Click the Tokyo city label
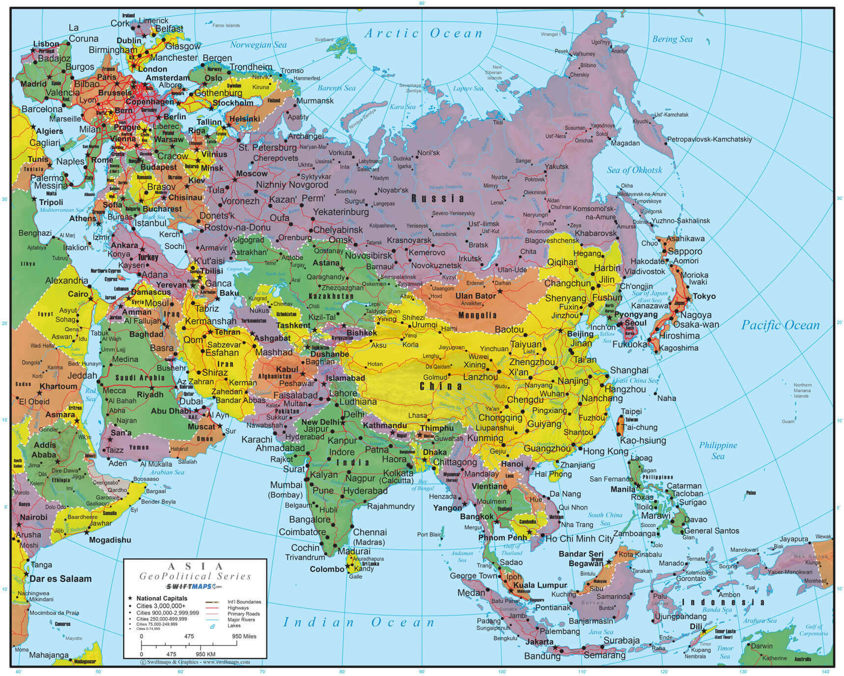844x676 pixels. point(704,296)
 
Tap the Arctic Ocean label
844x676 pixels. point(423,33)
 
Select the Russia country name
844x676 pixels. point(437,198)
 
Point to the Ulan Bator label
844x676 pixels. point(475,296)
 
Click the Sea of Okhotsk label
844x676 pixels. point(634,170)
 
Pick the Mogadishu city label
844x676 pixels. point(110,540)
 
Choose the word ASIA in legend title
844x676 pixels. point(196,567)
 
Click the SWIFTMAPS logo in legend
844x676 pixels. point(194,587)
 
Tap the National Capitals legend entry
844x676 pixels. point(162,598)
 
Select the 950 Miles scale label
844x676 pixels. point(244,636)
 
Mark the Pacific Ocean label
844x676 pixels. point(780,325)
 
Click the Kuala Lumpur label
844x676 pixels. point(540,585)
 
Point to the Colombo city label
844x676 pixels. point(327,569)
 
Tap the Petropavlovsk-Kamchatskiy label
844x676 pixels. point(709,140)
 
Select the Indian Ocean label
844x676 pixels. point(359,622)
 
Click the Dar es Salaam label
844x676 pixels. point(60,579)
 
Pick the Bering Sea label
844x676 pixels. point(672,39)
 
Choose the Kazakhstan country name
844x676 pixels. point(331,296)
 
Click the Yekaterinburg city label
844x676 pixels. point(340,212)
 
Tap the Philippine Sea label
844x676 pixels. point(718,450)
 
